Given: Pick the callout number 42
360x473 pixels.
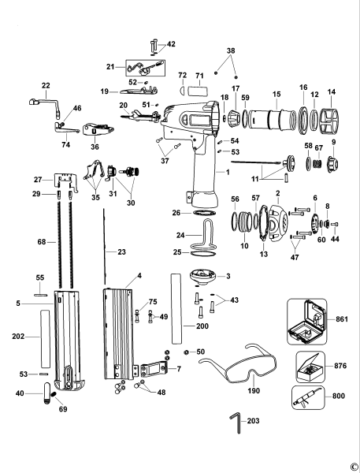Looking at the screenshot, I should click(x=171, y=44).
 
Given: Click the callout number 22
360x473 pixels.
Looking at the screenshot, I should click(x=45, y=85).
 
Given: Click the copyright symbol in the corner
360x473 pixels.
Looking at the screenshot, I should click(x=354, y=466).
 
